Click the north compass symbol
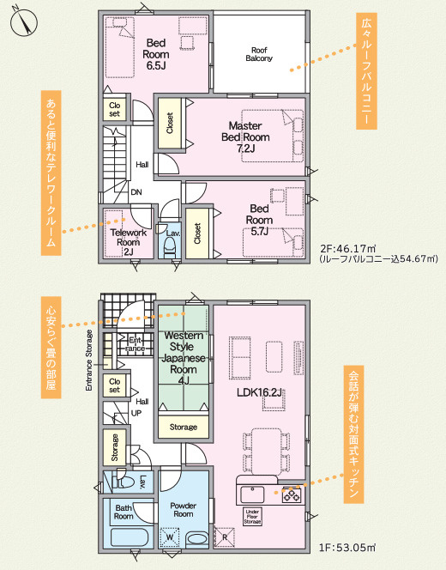(24, 21)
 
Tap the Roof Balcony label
(259, 54)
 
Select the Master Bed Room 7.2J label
(245, 137)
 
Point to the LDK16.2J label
(260, 392)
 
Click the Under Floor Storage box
(252, 517)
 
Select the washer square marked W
(170, 537)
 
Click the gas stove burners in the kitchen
(292, 494)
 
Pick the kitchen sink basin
(252, 494)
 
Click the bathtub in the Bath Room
(130, 537)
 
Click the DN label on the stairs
(136, 192)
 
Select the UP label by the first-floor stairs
(136, 413)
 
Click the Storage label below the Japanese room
(184, 427)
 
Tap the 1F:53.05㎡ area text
(347, 548)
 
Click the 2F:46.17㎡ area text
(347, 249)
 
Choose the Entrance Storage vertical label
(89, 361)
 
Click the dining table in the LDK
(266, 451)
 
